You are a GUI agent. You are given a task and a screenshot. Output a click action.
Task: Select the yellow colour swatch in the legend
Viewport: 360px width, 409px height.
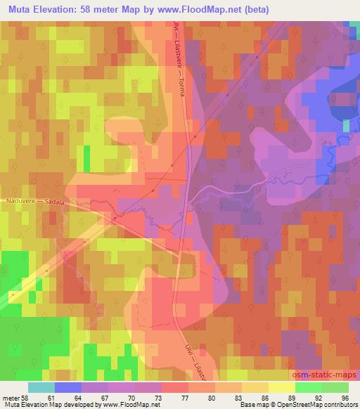click(x=281, y=387)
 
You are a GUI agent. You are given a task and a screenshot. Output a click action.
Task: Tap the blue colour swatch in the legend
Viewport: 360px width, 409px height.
click(x=67, y=387)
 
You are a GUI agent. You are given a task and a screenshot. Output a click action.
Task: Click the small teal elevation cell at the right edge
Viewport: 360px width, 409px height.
click(x=347, y=126)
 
